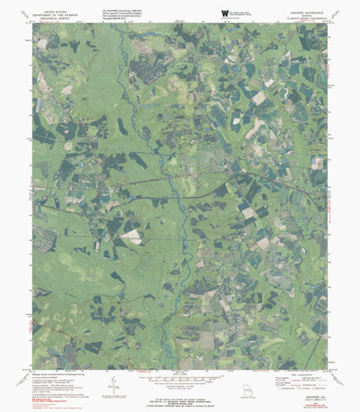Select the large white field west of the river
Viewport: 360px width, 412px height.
point(132,236)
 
